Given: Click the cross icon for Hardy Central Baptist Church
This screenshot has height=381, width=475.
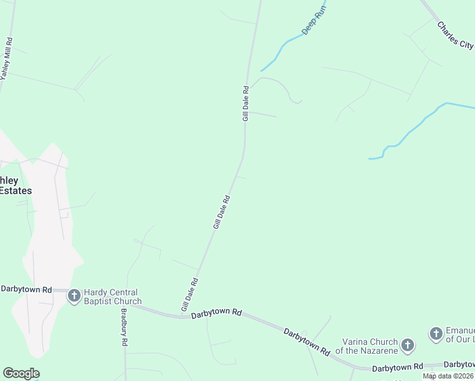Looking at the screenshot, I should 74,295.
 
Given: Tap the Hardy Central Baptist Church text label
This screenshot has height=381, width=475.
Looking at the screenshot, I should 113,297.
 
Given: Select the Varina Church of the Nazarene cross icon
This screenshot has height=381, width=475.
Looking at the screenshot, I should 407,345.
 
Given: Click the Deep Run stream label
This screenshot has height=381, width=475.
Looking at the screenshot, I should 314,19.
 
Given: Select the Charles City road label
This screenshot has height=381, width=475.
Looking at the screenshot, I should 455,36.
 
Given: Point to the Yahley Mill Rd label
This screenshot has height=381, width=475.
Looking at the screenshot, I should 6,58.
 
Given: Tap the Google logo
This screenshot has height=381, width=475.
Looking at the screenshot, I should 21,373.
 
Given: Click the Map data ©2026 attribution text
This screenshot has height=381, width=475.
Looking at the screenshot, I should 448,376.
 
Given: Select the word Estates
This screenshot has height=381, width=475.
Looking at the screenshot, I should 15,190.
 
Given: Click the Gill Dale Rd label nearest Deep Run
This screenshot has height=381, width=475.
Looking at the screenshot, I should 245,104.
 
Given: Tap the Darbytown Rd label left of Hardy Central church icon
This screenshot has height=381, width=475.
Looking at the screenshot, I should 26,289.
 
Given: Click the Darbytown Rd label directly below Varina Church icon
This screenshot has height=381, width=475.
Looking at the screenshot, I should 397,367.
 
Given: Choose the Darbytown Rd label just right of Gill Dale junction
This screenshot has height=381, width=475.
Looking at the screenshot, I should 217,313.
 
